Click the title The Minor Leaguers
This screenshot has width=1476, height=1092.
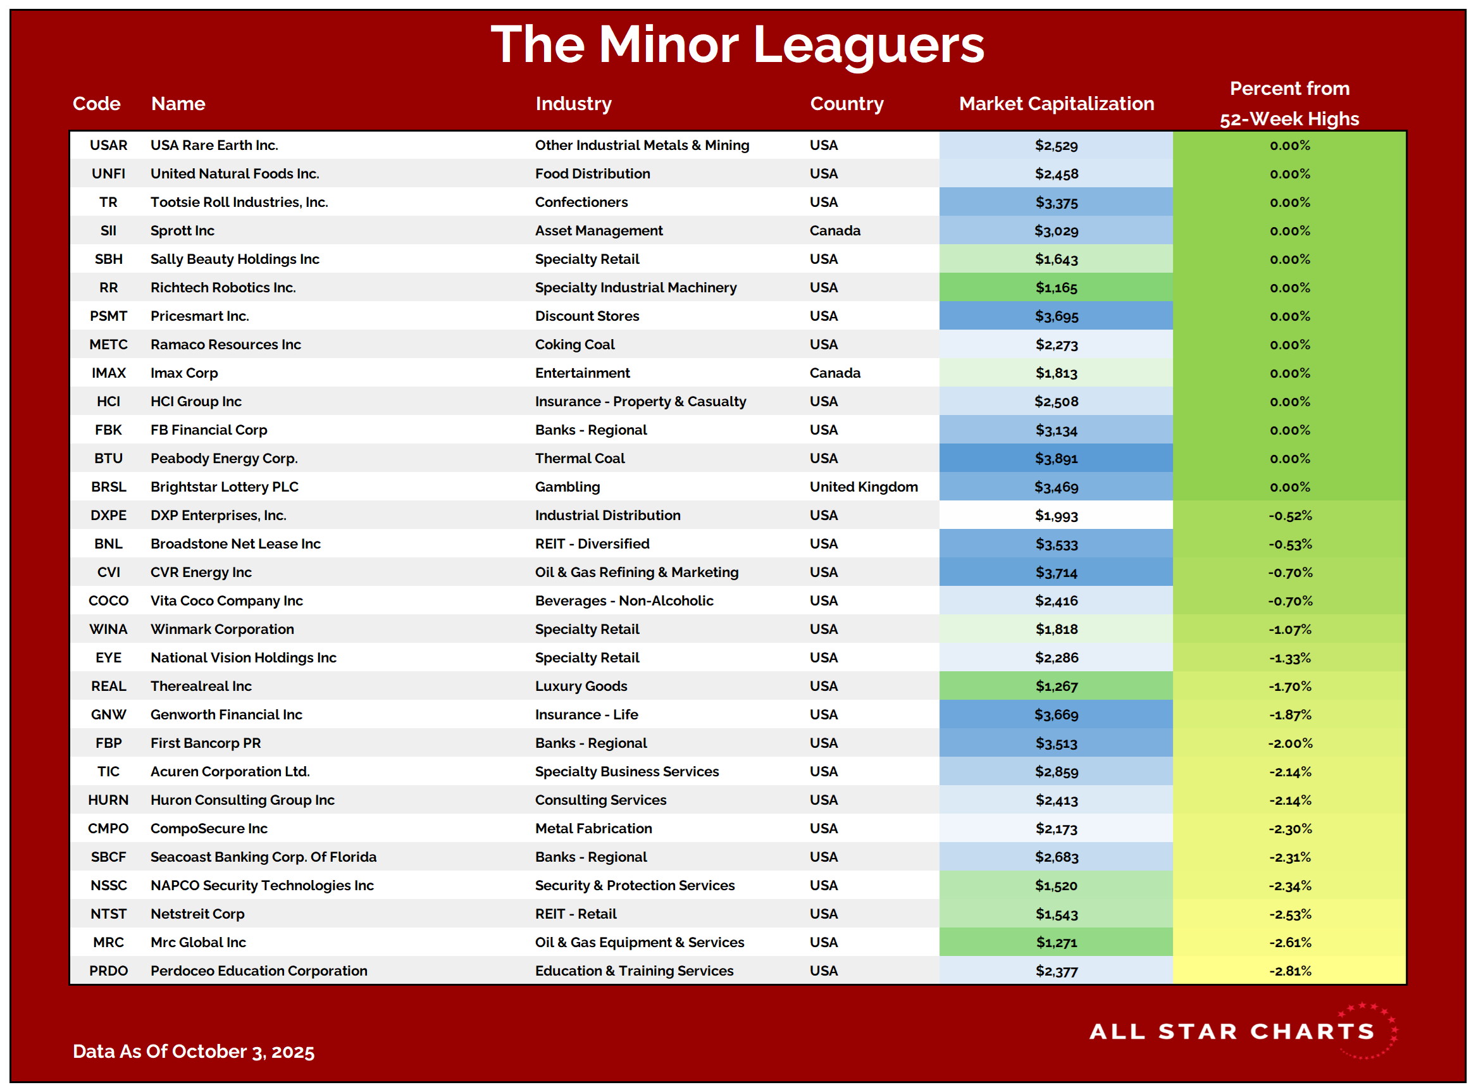737,45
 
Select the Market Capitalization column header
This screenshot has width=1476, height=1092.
1056,104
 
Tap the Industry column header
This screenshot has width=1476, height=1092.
573,104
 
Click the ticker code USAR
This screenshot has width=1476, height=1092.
108,146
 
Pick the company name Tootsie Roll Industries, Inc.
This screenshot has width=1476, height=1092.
239,202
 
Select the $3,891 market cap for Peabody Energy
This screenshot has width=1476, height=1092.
1056,459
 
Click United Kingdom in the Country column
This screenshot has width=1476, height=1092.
863,487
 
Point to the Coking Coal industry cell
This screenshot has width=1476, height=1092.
574,344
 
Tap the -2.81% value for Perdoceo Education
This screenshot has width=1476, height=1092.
1289,971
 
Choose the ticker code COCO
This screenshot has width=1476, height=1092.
108,601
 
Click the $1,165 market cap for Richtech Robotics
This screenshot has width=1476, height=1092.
1056,287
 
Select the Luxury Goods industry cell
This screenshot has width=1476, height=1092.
581,686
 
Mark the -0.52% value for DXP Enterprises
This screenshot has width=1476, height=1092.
1289,516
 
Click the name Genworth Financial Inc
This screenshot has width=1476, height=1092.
226,714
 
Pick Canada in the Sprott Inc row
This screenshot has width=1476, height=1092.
835,231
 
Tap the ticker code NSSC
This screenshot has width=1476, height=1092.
108,886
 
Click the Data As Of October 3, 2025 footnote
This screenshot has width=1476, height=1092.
193,1052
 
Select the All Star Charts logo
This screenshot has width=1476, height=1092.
1243,1032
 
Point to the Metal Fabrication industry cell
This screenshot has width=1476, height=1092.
593,829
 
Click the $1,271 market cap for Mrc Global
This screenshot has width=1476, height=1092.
1056,943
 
